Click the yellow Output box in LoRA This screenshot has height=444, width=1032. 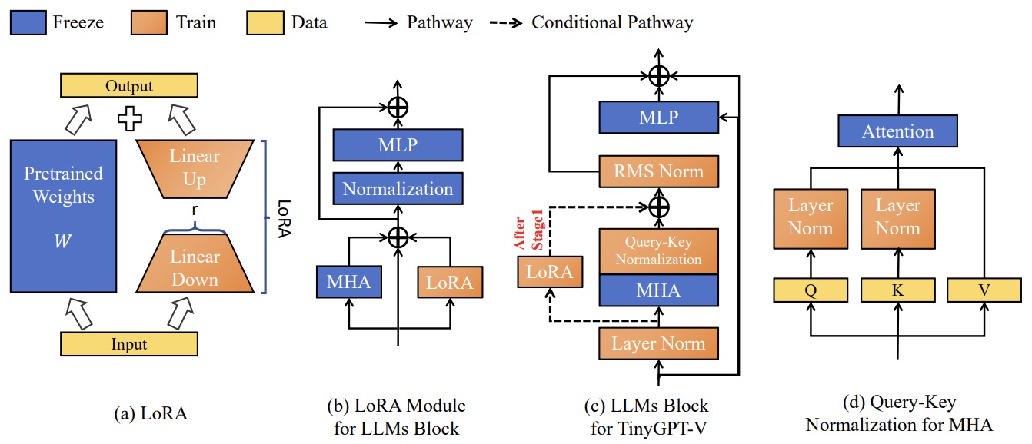click(x=129, y=87)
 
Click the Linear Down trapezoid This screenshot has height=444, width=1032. click(x=195, y=267)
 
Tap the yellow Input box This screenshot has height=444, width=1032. click(x=129, y=344)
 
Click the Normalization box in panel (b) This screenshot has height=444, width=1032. click(x=398, y=188)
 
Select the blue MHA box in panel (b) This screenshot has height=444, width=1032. click(x=348, y=282)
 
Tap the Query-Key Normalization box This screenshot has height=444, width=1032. click(x=658, y=251)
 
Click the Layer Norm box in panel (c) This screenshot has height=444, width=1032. click(x=658, y=343)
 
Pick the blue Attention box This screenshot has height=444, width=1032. click(x=898, y=132)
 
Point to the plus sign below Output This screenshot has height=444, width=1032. click(x=129, y=119)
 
